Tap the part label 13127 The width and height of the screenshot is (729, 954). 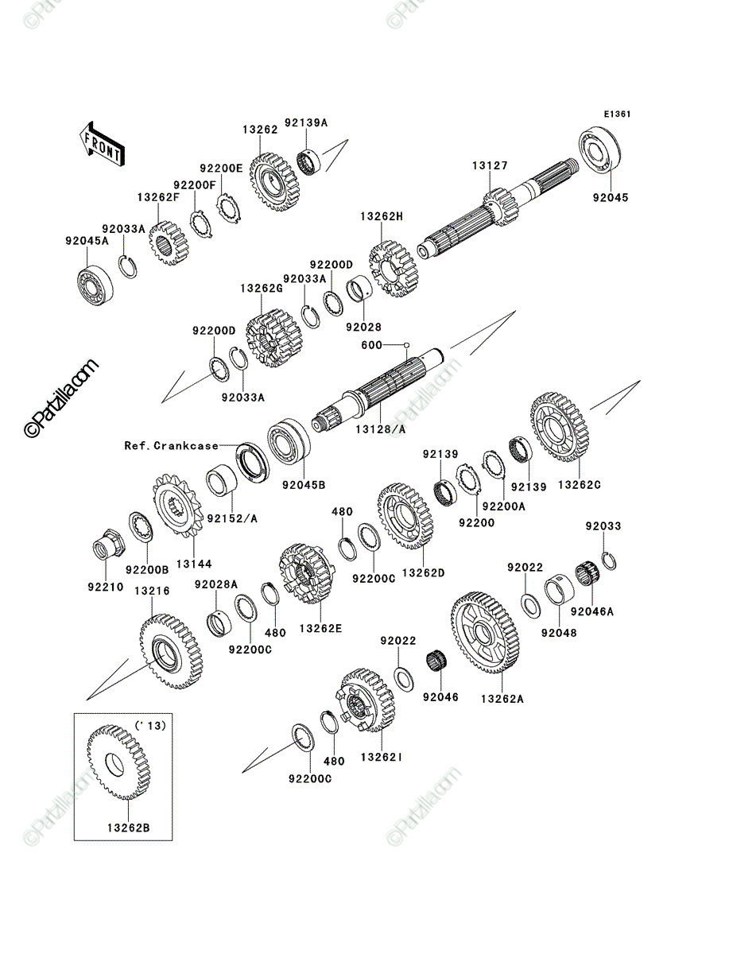pos(490,165)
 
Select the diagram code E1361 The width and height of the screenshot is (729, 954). pos(617,114)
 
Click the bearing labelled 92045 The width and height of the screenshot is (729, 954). pos(599,150)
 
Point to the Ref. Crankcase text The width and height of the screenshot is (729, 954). pos(171,445)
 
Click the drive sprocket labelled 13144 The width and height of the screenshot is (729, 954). pos(178,506)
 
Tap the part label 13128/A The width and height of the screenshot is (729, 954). pos(380,429)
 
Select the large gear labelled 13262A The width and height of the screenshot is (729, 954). pos(484,632)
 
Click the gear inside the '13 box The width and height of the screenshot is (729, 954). pos(118,762)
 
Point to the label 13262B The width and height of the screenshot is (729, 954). pos(129,828)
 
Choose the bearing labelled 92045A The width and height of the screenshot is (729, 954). pos(95,282)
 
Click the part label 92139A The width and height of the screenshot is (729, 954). pos(306,123)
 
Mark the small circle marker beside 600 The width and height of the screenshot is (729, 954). pos(406,345)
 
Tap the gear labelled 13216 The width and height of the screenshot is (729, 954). pos(171,651)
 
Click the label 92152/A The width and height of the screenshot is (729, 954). pos(232,518)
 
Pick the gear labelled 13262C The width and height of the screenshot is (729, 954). pos(559,427)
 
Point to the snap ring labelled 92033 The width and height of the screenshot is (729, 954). pos(609,561)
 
